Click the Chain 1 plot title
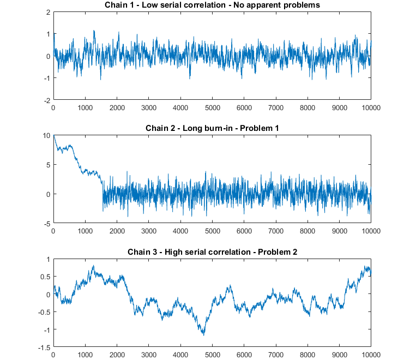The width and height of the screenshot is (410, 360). coord(212,5)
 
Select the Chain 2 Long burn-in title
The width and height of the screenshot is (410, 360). coord(212,128)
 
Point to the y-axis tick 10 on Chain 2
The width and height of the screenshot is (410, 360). coord(46,135)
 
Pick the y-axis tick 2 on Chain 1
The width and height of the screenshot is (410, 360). coord(48,12)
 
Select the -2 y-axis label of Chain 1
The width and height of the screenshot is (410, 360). coord(47,100)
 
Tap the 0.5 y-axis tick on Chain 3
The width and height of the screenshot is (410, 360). coord(45,277)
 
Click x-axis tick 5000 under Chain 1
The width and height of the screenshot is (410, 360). coord(212,107)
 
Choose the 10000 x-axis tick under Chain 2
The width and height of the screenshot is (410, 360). coord(371,231)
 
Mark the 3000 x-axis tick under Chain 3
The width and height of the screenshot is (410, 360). coord(148,354)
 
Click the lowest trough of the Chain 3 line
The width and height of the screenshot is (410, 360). coord(203,335)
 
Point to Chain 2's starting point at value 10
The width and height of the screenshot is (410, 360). coord(53,136)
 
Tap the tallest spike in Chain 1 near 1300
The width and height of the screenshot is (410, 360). coord(94,31)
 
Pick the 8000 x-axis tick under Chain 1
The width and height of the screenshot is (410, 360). coord(307,107)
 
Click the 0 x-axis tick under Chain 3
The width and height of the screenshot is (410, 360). coord(53,354)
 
